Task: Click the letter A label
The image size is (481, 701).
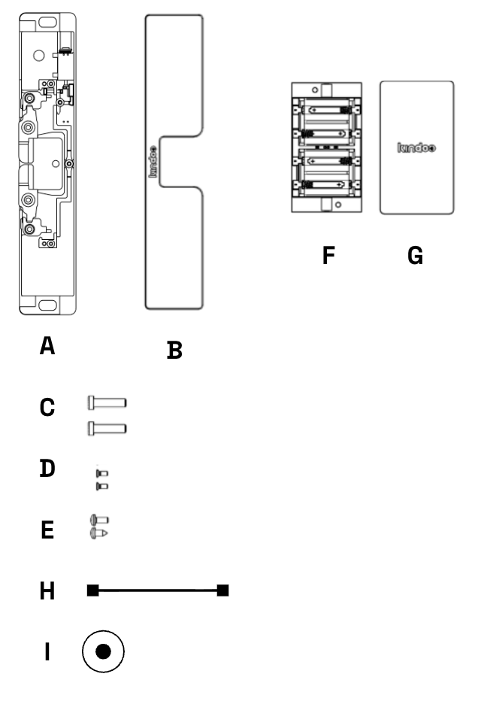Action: (47, 345)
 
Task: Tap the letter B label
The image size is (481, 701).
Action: (174, 350)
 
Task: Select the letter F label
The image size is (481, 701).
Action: (328, 255)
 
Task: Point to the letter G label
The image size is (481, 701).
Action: (416, 255)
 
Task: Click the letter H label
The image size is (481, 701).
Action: (47, 590)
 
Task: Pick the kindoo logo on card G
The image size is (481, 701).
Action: (416, 147)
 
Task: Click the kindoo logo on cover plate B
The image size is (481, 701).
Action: (153, 162)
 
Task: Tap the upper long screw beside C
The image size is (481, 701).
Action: (107, 402)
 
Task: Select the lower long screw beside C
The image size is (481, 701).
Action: (107, 429)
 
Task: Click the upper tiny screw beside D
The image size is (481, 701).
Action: (102, 473)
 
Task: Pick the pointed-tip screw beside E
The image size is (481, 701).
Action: (99, 533)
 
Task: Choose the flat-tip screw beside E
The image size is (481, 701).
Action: (100, 520)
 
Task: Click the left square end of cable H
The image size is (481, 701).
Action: (93, 590)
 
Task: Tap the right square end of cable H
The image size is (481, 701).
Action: (223, 590)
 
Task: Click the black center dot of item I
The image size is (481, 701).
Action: (103, 651)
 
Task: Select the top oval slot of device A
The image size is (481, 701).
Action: (47, 22)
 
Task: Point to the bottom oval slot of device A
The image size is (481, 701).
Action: (47, 305)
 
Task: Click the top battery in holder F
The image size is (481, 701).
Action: (326, 110)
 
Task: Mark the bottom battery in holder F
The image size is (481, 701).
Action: (326, 184)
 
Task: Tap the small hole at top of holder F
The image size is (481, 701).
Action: (315, 90)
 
